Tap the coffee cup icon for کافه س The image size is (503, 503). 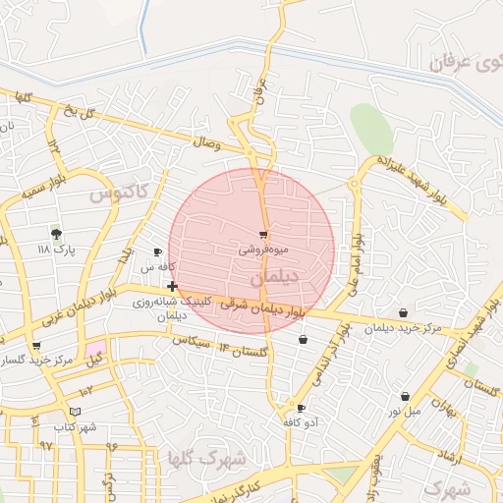pos(157,252)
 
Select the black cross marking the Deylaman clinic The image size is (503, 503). pos(172,286)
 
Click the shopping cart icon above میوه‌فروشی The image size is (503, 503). pos(263,235)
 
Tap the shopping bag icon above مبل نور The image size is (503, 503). pos(405,396)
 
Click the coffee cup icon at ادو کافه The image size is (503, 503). pos(301,408)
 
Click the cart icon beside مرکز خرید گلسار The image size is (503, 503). pos(36,346)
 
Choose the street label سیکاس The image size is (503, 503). pos(193,343)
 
